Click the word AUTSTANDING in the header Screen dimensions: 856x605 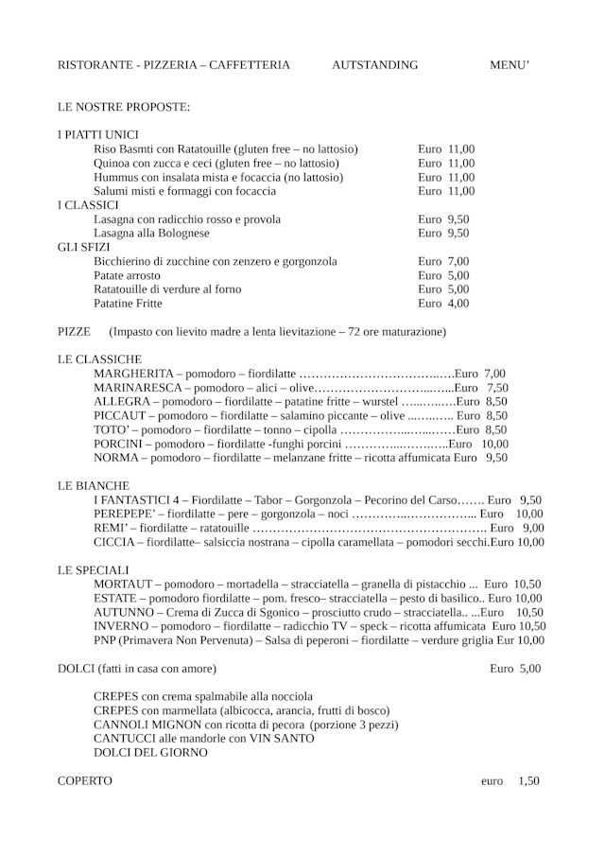click(374, 65)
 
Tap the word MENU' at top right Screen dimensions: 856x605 click(509, 65)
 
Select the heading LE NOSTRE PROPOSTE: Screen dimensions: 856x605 click(124, 107)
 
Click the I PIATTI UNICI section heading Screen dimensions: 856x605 click(98, 135)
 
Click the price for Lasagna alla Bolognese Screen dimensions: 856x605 click(443, 233)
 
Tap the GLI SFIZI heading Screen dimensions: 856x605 click(84, 247)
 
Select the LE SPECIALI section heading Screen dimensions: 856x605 click(93, 570)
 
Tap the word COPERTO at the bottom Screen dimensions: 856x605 click(85, 781)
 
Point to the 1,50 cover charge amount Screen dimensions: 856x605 click(528, 781)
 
